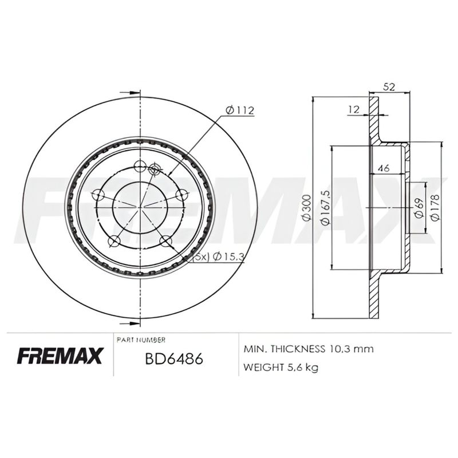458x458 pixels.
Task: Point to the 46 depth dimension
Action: click(385, 168)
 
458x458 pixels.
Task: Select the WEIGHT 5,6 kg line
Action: click(281, 367)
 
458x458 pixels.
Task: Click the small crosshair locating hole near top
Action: click(153, 169)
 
